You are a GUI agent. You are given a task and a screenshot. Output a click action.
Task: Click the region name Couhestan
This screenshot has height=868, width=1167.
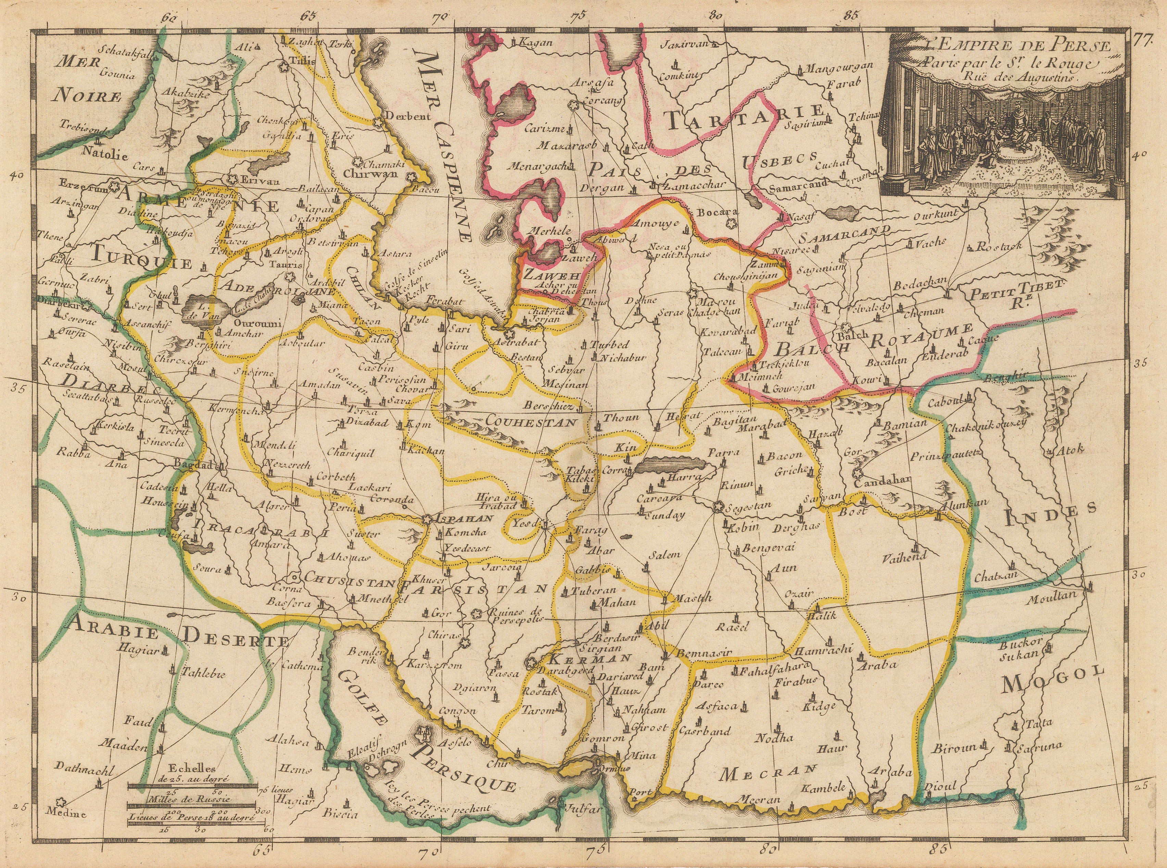pos(531,421)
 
